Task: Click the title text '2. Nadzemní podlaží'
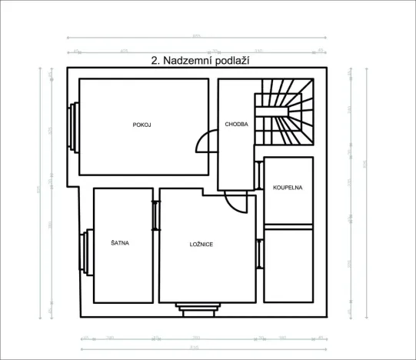[202, 59]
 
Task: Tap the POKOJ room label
[141, 125]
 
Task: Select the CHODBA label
[236, 125]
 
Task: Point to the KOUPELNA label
[288, 187]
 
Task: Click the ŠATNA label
[120, 243]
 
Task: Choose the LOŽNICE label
[201, 244]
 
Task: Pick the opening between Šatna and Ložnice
[155, 215]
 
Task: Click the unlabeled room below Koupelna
[288, 265]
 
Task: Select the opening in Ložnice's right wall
[259, 253]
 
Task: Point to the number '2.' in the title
[157, 59]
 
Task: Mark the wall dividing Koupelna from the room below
[288, 227]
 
